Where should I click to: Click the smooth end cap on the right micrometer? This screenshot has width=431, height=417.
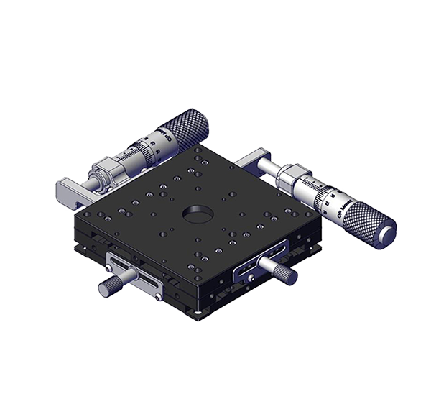(x=389, y=234)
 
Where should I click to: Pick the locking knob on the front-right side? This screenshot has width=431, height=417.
(x=282, y=271)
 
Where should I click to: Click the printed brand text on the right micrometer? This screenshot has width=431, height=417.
(x=337, y=208)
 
